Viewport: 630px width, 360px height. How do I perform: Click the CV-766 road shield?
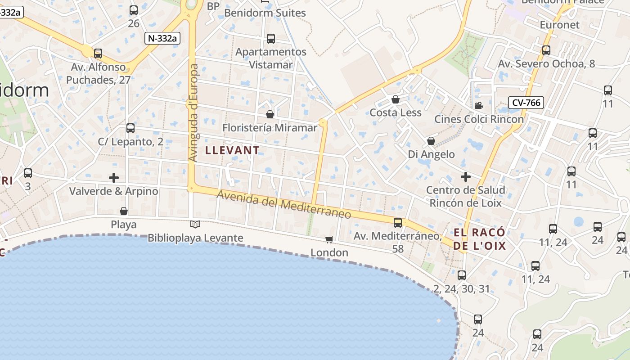coord(526,103)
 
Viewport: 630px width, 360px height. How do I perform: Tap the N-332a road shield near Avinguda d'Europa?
coord(162,38)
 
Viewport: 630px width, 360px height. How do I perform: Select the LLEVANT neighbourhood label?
coord(232,150)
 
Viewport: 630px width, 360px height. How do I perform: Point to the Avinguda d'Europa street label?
coord(193,112)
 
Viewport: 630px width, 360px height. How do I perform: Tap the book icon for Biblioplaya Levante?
coord(195,224)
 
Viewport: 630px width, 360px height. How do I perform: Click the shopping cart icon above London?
coord(329,239)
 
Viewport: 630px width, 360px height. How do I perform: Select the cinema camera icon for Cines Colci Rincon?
coord(479,106)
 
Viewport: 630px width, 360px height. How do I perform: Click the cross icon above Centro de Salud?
coord(465,176)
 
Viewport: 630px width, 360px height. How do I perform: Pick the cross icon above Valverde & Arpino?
coord(114,178)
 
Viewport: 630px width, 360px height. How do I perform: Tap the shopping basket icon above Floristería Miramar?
coord(270,114)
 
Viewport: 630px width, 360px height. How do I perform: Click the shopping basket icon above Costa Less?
coord(395,99)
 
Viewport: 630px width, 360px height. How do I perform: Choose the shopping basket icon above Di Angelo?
coord(431,141)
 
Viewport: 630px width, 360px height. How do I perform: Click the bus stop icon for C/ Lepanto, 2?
coord(130,128)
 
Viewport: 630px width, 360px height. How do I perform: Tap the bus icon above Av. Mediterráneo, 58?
coord(397,222)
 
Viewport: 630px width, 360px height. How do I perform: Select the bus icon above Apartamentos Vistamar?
coord(270,39)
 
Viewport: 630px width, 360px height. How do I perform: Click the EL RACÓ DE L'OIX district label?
coord(479,239)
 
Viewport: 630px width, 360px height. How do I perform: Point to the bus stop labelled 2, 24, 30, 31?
coord(461,275)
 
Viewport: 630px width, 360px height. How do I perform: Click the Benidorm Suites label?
coord(265,13)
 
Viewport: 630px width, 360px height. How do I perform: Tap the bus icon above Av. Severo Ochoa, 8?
coord(546,50)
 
